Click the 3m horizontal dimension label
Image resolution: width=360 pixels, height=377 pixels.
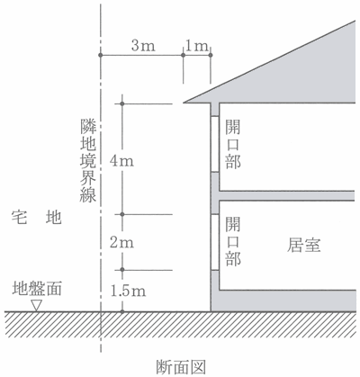tap(143, 46)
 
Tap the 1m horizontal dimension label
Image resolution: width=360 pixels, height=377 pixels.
tap(197, 46)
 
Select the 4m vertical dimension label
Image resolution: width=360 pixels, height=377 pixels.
tap(121, 161)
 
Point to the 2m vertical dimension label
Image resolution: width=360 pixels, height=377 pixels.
tap(121, 242)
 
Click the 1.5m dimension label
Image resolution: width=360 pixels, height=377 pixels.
tap(128, 291)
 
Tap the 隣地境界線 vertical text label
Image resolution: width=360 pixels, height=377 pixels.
tap(87, 161)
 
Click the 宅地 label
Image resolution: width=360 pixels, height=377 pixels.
tap(37, 217)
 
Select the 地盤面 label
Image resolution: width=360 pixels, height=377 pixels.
tap(37, 289)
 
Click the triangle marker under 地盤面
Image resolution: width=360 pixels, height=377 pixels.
tap(37, 305)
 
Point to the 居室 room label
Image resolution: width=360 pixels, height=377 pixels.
tap(304, 245)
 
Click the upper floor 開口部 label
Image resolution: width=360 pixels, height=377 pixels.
tap(233, 144)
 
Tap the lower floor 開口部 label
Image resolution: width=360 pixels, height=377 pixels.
tap(233, 241)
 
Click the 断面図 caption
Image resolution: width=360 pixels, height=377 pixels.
tap(181, 367)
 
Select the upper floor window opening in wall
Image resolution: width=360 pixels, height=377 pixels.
tap(214, 144)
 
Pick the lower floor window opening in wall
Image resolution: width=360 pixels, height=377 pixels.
tap(214, 242)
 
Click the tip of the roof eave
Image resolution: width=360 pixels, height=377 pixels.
tap(184, 103)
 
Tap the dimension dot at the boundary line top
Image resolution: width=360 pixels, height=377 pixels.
tap(101, 55)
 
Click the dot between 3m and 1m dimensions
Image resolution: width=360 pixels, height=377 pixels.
tap(183, 55)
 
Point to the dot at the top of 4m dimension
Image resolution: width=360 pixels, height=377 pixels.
tap(122, 103)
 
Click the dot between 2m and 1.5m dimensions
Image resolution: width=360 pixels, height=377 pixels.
tap(122, 270)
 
